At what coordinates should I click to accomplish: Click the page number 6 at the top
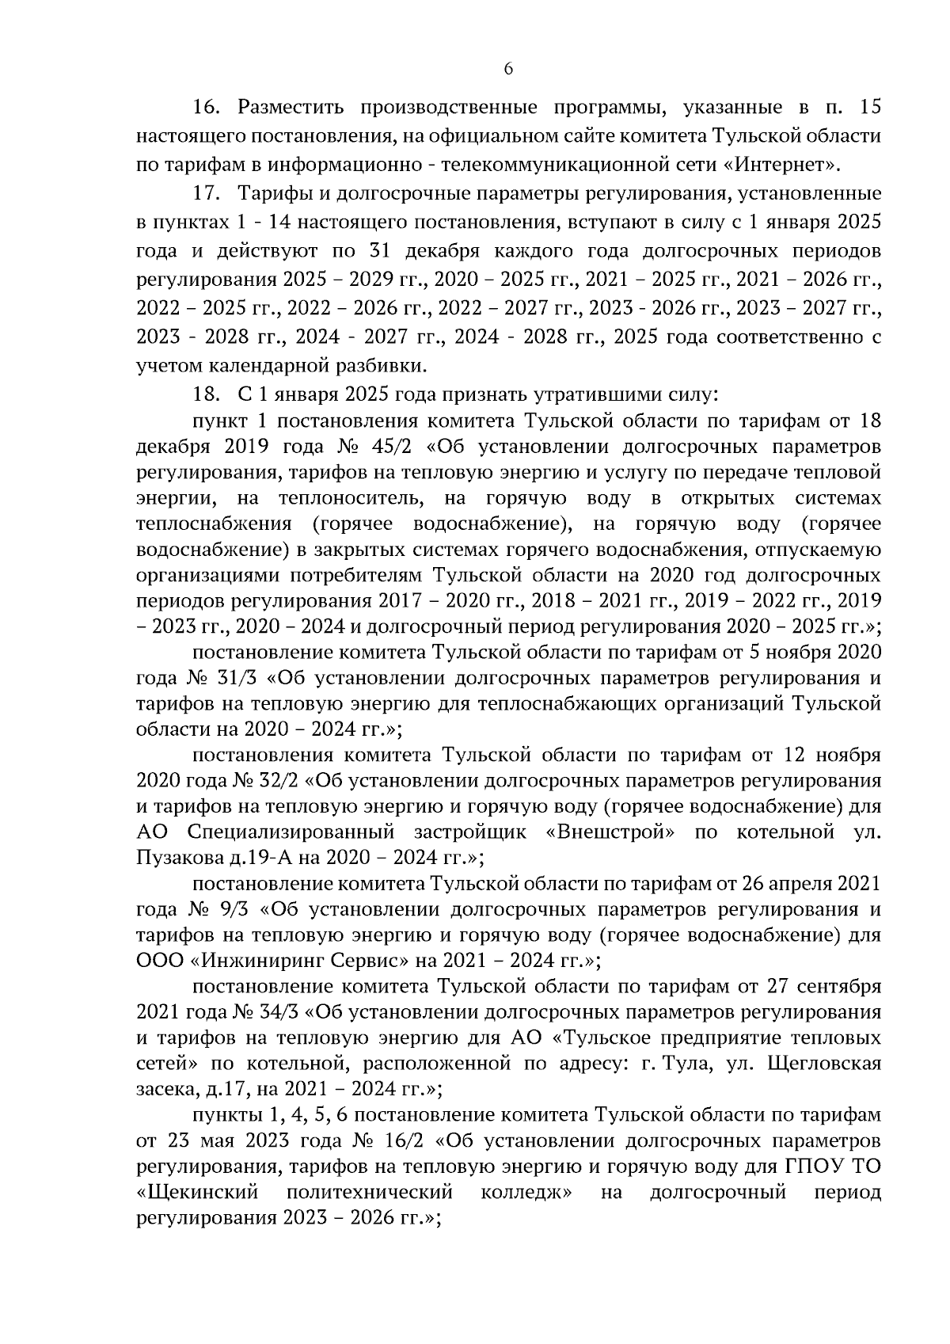(508, 70)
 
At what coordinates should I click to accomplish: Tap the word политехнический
(370, 1192)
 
